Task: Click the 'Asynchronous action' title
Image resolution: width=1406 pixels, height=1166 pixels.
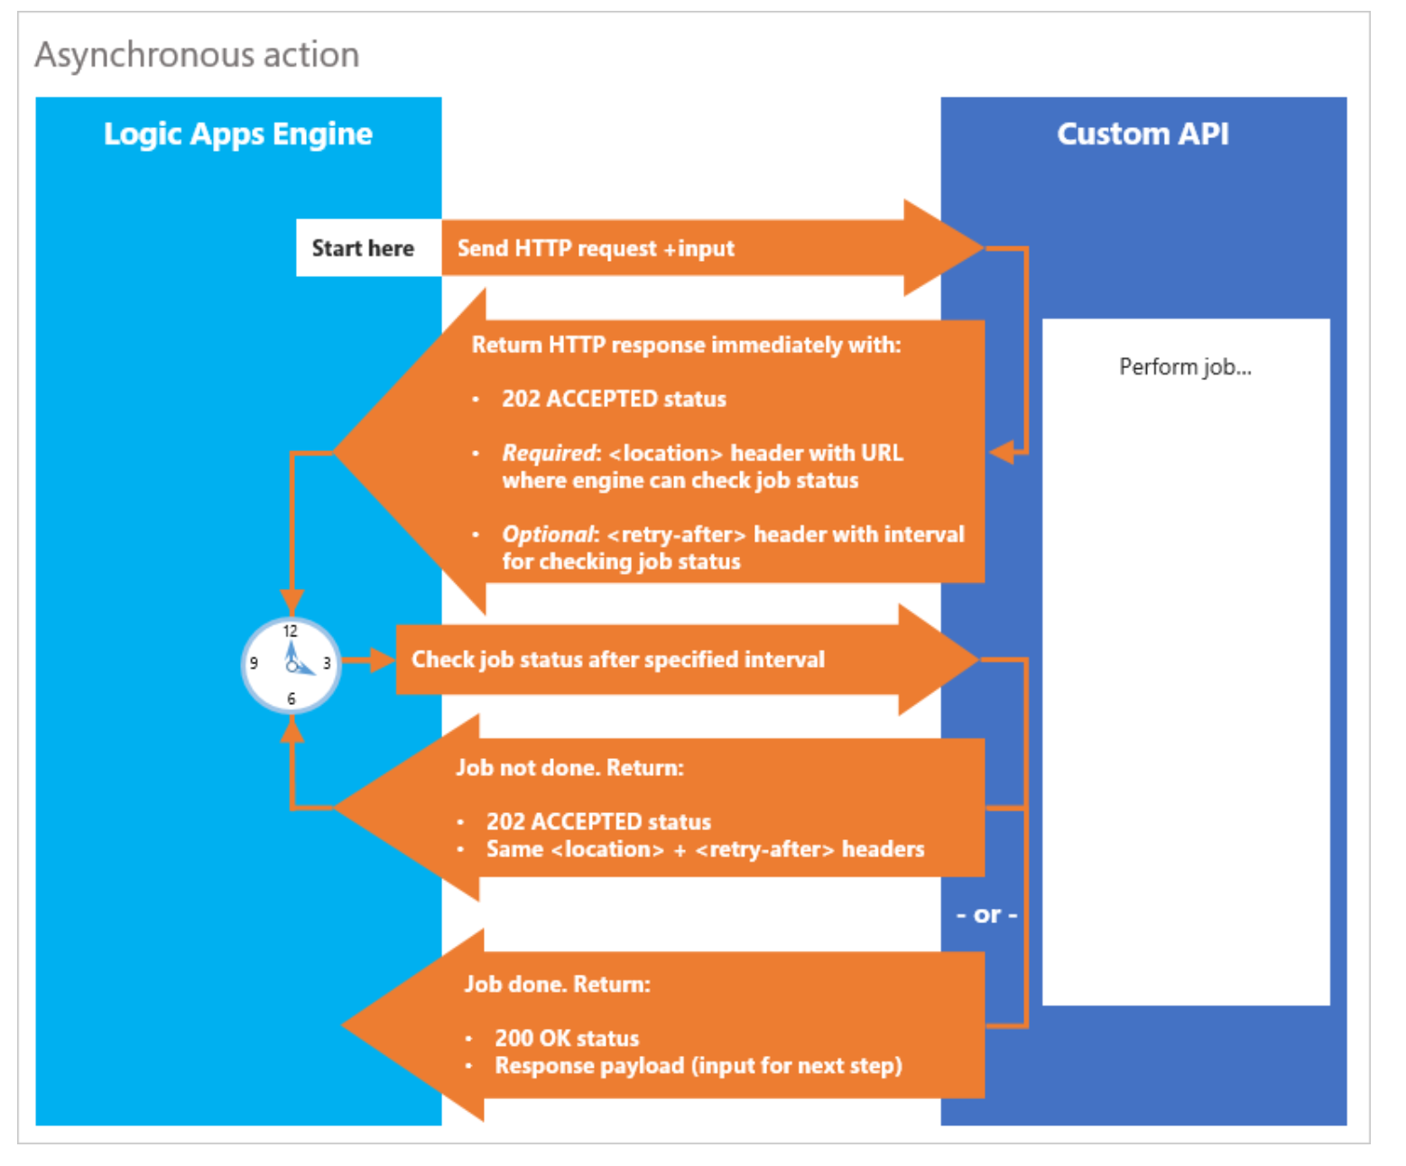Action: [x=197, y=55]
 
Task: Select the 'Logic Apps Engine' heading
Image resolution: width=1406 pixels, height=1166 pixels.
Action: [x=237, y=134]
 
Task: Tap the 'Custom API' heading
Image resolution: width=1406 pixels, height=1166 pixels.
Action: [x=1142, y=134]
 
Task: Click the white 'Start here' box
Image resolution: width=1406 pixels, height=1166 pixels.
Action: [x=363, y=248]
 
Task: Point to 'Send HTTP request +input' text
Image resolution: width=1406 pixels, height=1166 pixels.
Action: [x=596, y=248]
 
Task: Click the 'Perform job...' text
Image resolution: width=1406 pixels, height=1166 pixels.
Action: [x=1185, y=366]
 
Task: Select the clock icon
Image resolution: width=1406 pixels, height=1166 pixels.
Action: [x=291, y=665]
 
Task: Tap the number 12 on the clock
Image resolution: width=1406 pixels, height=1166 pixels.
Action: [x=290, y=631]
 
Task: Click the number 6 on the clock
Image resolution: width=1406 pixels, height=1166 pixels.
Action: [x=291, y=699]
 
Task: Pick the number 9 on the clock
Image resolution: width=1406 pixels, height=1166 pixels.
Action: [x=254, y=663]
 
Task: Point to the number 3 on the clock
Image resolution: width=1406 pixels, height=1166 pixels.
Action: [x=327, y=663]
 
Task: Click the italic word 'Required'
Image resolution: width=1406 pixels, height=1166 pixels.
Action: [x=549, y=453]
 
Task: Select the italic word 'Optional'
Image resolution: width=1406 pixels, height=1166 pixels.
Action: [x=548, y=534]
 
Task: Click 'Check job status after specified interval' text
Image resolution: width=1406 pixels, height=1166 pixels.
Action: [x=618, y=660]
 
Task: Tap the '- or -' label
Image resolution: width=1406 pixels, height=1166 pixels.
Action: [x=986, y=915]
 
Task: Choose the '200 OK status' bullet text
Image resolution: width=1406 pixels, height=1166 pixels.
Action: [x=567, y=1038]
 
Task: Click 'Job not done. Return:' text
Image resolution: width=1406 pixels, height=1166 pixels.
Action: [x=569, y=768]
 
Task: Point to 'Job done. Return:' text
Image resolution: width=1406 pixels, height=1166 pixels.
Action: [x=557, y=984]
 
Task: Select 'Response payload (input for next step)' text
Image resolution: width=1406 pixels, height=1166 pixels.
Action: [x=698, y=1066]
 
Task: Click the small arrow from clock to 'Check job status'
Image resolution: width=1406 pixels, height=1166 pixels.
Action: [x=369, y=661]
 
